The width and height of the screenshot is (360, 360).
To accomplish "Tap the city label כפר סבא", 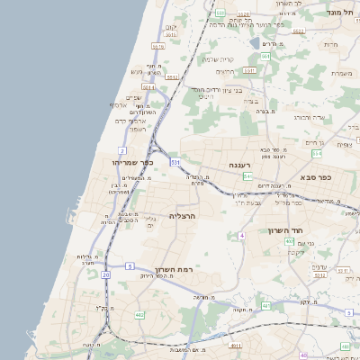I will pyautogui.click(x=316, y=177).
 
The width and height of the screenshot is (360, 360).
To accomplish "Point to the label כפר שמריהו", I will pyautogui.click(x=135, y=162).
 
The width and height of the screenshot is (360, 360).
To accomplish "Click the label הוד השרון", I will pyautogui.click(x=288, y=230).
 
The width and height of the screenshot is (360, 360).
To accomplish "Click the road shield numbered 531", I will pyautogui.click(x=175, y=162).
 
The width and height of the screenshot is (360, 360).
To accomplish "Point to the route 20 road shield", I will pyautogui.click(x=106, y=274).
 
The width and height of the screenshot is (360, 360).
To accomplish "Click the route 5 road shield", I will pyautogui.click(x=130, y=266).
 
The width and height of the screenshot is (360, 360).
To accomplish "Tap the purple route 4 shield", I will pyautogui.click(x=241, y=236).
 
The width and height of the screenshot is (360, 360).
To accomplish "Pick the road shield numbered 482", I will pyautogui.click(x=139, y=315).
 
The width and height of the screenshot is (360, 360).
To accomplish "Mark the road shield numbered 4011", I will pyautogui.click(x=235, y=345).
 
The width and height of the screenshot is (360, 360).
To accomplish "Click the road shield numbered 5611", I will pyautogui.click(x=158, y=46).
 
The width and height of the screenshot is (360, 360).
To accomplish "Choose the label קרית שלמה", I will pyautogui.click(x=217, y=59).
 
